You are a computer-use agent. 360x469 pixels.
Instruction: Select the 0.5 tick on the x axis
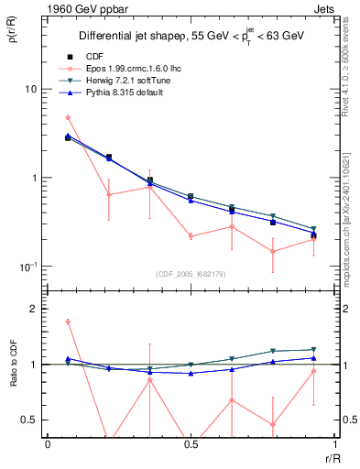(191, 443)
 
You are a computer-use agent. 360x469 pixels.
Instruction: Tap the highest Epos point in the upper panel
(68, 117)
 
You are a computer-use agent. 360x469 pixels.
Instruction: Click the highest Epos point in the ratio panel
(68, 322)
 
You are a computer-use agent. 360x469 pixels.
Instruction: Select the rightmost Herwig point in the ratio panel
(313, 349)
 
